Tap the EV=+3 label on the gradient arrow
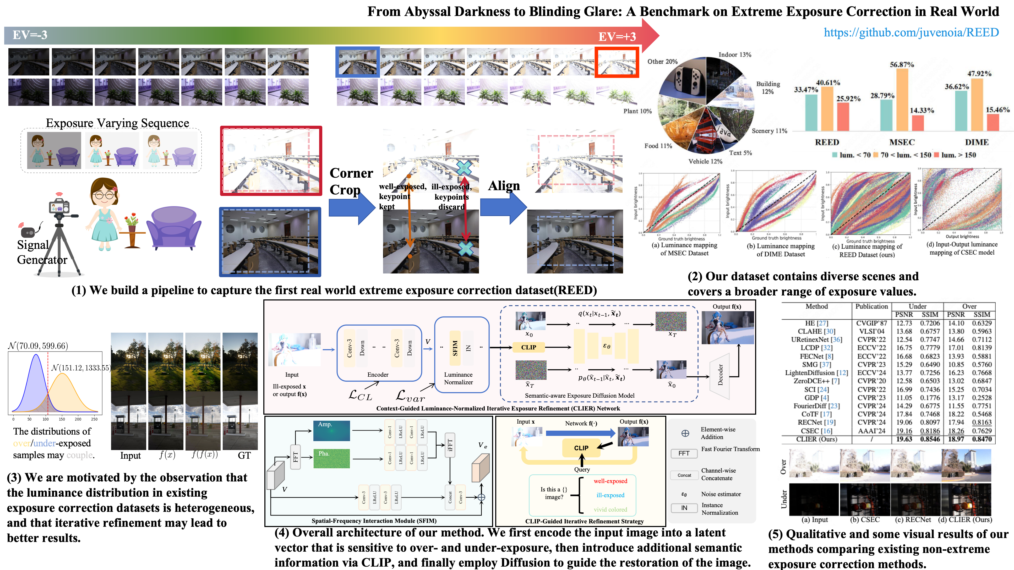[x=617, y=37]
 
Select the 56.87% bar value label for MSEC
[x=902, y=64]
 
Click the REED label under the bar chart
[x=827, y=142]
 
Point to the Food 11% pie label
[x=658, y=146]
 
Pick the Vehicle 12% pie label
[x=705, y=161]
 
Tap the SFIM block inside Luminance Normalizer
[x=455, y=348]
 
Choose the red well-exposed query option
[x=610, y=481]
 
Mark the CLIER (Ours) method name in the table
[x=816, y=439]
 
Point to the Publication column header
[x=871, y=306]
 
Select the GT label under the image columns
[x=244, y=456]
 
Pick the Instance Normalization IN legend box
[x=684, y=508]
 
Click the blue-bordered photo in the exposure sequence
[x=357, y=62]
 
